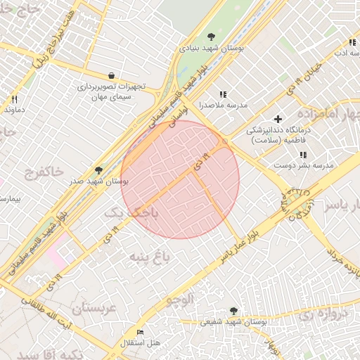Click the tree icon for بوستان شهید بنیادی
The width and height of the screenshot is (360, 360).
click(210, 37)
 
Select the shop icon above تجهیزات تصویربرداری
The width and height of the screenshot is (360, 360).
click(111, 75)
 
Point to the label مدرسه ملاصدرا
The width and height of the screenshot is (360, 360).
click(224, 105)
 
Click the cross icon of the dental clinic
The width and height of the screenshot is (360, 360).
click(278, 119)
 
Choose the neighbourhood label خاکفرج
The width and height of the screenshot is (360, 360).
click(44, 172)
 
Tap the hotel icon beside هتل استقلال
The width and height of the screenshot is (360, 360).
click(140, 332)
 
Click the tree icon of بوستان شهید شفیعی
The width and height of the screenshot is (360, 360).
click(233, 310)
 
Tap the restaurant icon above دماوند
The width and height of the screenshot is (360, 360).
click(14, 99)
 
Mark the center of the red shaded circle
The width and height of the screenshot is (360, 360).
click(180, 179)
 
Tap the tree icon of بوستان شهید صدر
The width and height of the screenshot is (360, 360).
click(98, 170)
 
